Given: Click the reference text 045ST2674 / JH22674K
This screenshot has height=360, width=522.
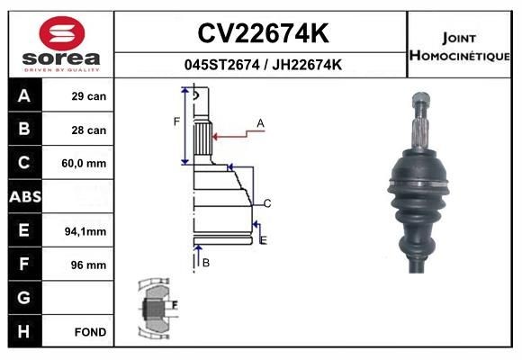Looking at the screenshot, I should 262,65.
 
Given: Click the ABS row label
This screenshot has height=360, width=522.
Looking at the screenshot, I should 23,197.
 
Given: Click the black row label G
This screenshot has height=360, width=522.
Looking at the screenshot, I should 23,298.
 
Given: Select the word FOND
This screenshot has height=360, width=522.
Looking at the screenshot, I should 91,332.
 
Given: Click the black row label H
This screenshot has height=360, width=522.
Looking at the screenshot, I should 23,332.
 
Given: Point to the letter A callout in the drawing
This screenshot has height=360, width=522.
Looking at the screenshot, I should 260,122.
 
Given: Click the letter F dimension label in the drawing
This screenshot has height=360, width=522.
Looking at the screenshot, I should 176,121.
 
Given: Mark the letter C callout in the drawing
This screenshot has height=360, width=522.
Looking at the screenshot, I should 267,202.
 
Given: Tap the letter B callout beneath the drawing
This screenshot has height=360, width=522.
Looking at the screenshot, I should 206,262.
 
